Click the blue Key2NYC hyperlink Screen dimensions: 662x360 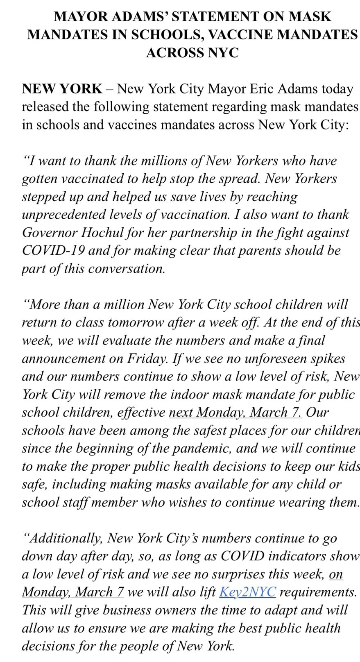247,592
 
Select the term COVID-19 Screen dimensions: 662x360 53,250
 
